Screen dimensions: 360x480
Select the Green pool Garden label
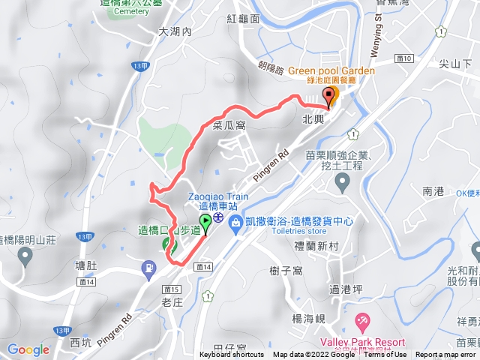tap(331, 72)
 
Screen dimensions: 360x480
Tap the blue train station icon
tap(217, 217)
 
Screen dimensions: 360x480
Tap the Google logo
tap(28, 349)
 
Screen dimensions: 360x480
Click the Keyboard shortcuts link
tap(232, 355)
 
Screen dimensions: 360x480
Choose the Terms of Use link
tap(385, 355)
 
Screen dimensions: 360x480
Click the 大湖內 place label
tap(176, 32)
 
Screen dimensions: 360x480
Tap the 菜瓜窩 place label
tap(229, 125)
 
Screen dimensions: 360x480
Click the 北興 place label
tap(314, 119)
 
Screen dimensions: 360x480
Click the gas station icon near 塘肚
tap(150, 267)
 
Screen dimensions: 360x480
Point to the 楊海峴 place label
tap(309, 298)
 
